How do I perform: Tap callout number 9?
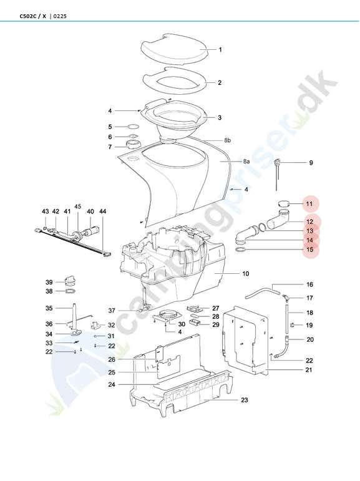tap(311, 163)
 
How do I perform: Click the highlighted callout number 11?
tap(309, 203)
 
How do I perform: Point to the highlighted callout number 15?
tap(310, 250)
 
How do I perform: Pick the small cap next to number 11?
tap(285, 203)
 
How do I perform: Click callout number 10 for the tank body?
tap(246, 273)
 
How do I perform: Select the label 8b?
tap(227, 140)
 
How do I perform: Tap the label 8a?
tap(246, 161)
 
